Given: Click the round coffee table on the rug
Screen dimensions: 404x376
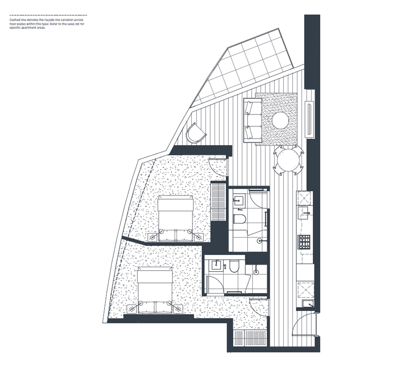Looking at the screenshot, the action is [x=280, y=121].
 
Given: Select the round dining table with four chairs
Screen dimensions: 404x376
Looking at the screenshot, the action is [x=289, y=160].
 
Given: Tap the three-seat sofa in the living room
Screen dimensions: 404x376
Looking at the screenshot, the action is [x=252, y=121].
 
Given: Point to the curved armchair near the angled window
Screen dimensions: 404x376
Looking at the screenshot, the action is [x=196, y=134].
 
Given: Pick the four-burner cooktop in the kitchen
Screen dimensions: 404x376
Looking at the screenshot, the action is [x=304, y=242].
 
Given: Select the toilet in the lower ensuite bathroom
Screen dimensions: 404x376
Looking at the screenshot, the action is [x=234, y=267].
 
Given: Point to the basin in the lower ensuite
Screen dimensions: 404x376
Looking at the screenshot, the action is [x=216, y=266].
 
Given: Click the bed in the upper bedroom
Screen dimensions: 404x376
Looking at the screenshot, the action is [x=175, y=218].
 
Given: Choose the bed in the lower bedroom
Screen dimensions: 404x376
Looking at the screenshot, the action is [x=155, y=290].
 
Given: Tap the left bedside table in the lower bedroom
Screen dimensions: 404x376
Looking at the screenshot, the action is [x=132, y=309].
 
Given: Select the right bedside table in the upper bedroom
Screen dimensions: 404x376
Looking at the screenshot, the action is [x=199, y=237].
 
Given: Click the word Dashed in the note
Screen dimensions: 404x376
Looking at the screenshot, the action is [x=13, y=20].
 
